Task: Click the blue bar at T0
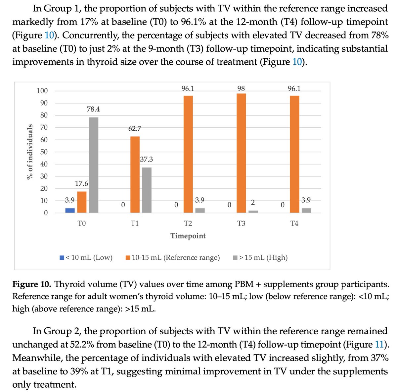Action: pyautogui.click(x=70, y=210)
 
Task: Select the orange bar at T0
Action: pyautogui.click(x=82, y=202)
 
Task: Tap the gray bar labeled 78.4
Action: pyautogui.click(x=94, y=165)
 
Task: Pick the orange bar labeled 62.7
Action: pyautogui.click(x=135, y=174)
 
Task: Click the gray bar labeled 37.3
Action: pyautogui.click(x=147, y=190)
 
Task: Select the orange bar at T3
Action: pyautogui.click(x=241, y=153)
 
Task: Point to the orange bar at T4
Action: pyautogui.click(x=294, y=154)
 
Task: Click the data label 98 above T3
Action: pyautogui.click(x=241, y=88)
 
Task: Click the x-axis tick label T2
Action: pyautogui.click(x=188, y=224)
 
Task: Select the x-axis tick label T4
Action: pyautogui.click(x=294, y=224)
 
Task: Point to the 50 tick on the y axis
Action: pyautogui.click(x=44, y=152)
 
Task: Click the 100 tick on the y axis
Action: pyautogui.click(x=42, y=91)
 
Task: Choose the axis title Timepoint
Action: pyautogui.click(x=188, y=236)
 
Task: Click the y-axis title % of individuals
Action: pyautogui.click(x=30, y=152)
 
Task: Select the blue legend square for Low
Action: pyautogui.click(x=62, y=258)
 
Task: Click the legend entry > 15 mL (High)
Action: pyautogui.click(x=263, y=258)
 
